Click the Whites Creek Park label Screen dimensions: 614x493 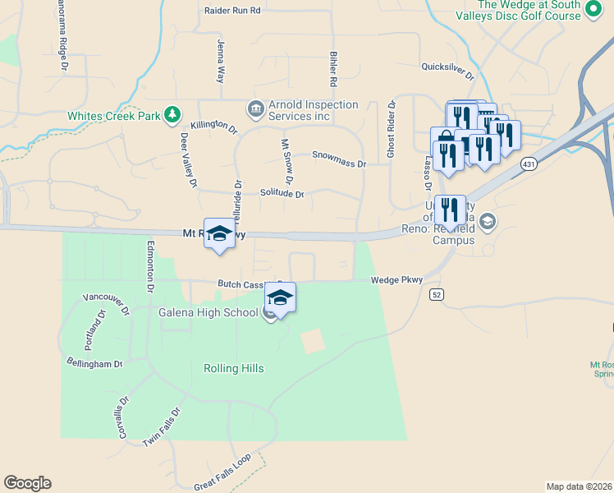click(x=114, y=116)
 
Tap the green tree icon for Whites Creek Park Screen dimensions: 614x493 click(x=172, y=113)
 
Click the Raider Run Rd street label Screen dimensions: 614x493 click(x=232, y=11)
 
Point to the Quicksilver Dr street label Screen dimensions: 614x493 click(x=447, y=70)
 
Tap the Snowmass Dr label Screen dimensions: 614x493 click(x=339, y=159)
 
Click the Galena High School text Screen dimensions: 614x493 click(x=209, y=312)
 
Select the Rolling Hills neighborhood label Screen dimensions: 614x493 click(x=234, y=368)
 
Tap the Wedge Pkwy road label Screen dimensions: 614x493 click(x=396, y=280)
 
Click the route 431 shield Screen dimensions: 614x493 click(x=528, y=165)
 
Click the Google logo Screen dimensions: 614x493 click(x=27, y=483)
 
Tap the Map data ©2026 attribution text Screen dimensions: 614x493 click(x=579, y=486)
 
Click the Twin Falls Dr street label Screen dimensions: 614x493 click(x=161, y=428)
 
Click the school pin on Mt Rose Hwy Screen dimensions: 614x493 click(x=219, y=233)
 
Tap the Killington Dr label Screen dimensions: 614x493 click(x=213, y=127)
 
